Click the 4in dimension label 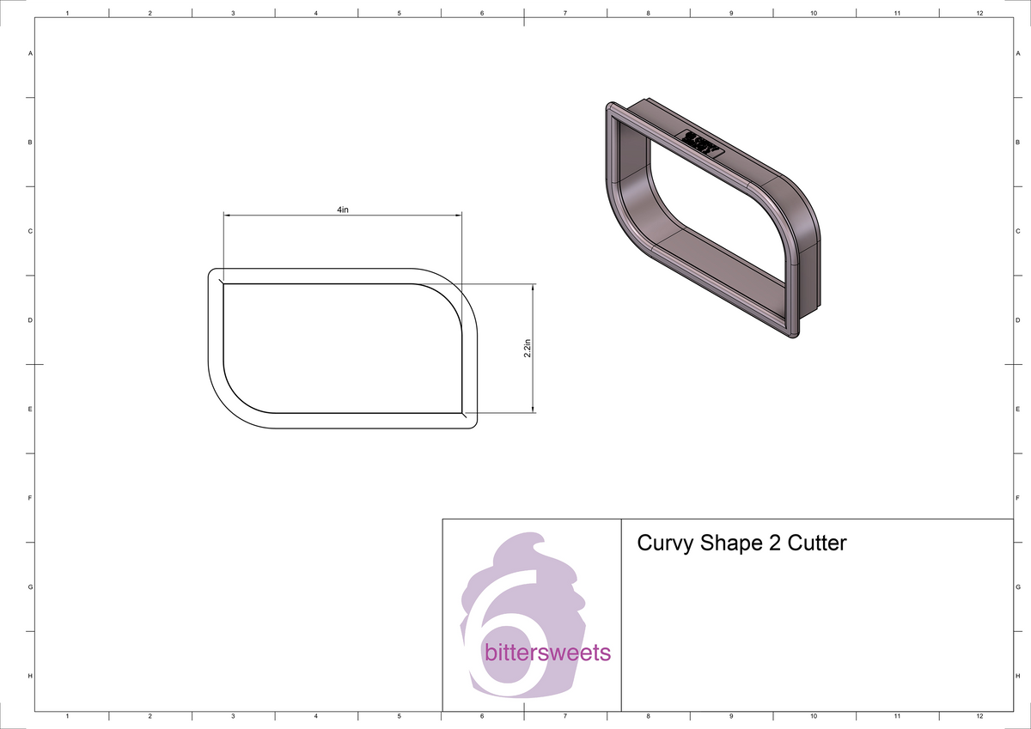[343, 210]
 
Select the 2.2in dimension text [528, 349]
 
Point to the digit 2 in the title [769, 543]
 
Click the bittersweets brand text [547, 653]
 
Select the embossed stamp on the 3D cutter [703, 143]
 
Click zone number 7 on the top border [565, 13]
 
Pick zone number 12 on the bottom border [979, 715]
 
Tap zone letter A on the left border [31, 53]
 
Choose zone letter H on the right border [1017, 676]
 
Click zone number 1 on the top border [67, 13]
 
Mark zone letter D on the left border [31, 320]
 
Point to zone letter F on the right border [1017, 498]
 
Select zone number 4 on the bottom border [316, 715]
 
